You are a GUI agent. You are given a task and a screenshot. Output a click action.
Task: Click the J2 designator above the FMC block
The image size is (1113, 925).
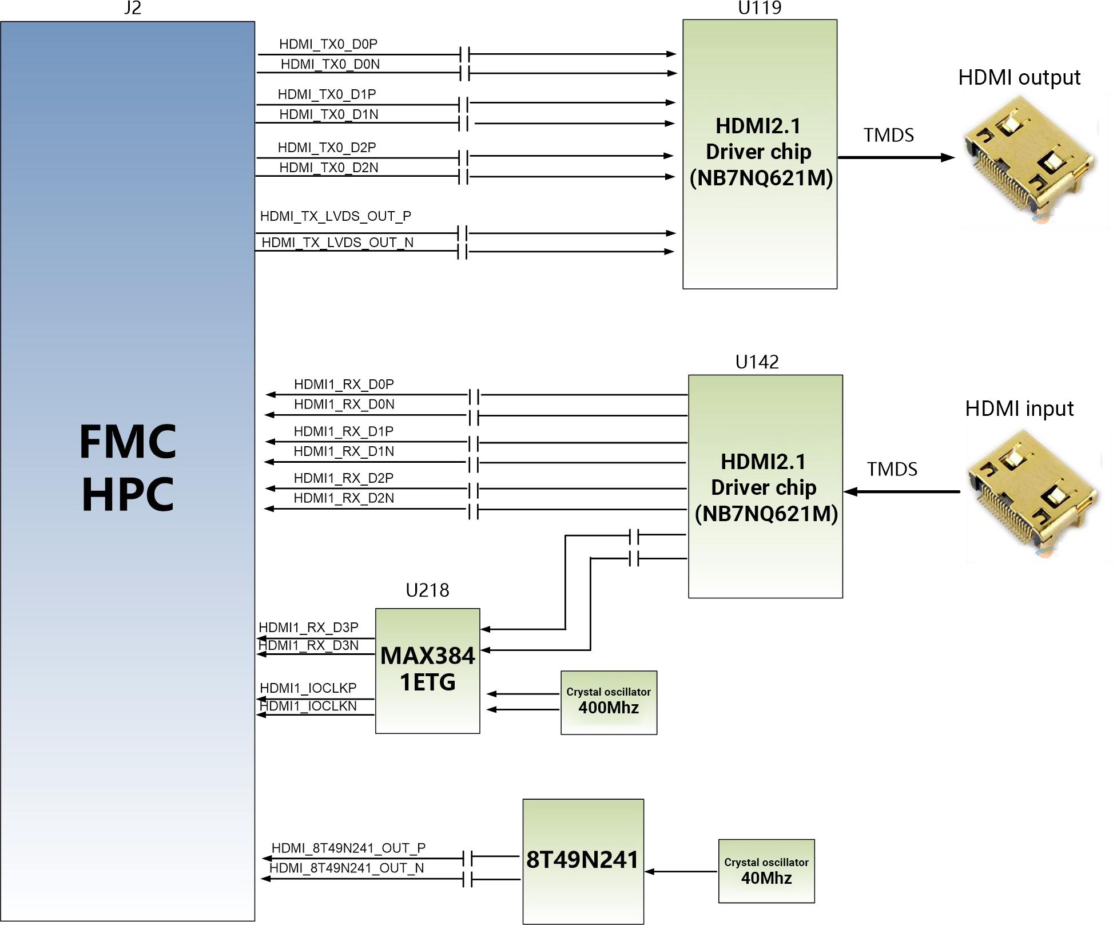pyautogui.click(x=132, y=8)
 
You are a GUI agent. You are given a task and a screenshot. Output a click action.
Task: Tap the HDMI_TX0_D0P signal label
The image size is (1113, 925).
pyautogui.click(x=328, y=44)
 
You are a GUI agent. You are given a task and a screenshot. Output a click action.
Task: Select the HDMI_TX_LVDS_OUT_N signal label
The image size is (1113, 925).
pyautogui.click(x=337, y=243)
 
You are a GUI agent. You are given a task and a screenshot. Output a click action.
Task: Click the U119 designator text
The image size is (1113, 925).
pyautogui.click(x=760, y=8)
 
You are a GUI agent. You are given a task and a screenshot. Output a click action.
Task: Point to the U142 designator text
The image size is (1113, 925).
pyautogui.click(x=757, y=362)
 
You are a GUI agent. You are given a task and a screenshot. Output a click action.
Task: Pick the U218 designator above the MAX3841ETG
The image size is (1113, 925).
pyautogui.click(x=427, y=590)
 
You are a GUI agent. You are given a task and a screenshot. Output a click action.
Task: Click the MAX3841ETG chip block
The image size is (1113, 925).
pyautogui.click(x=428, y=671)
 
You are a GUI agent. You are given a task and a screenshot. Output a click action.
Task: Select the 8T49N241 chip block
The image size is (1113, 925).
pyautogui.click(x=583, y=862)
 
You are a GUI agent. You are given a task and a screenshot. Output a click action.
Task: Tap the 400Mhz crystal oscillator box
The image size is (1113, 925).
pyautogui.click(x=609, y=703)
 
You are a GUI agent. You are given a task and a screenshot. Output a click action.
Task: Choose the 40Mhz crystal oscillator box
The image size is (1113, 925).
pyautogui.click(x=766, y=871)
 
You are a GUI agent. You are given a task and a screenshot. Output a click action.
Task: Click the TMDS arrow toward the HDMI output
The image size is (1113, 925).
pyautogui.click(x=896, y=157)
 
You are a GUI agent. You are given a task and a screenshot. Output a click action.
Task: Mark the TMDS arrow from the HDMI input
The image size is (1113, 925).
pyautogui.click(x=902, y=491)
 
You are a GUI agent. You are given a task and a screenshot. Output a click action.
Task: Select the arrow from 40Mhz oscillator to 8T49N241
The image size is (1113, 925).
pyautogui.click(x=681, y=872)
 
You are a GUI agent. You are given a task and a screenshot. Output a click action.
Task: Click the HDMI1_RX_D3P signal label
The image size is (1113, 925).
pyautogui.click(x=309, y=628)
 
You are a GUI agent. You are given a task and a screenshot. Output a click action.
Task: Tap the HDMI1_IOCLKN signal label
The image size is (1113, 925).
pyautogui.click(x=308, y=706)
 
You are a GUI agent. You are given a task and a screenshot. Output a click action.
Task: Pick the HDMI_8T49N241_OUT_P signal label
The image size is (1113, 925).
pyautogui.click(x=349, y=848)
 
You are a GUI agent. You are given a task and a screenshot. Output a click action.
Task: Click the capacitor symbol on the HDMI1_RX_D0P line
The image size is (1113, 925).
pyautogui.click(x=474, y=395)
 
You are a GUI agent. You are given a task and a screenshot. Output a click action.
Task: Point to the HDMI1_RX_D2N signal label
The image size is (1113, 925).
pyautogui.click(x=344, y=498)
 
